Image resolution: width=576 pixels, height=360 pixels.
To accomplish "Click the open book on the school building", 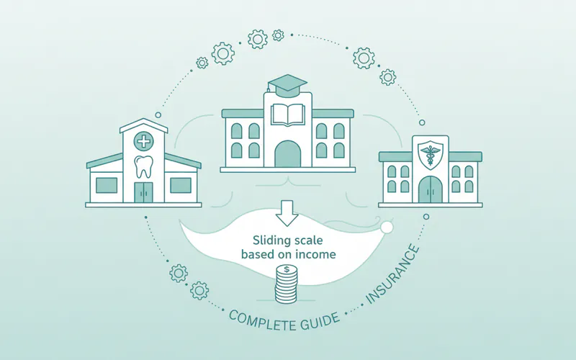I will pyautogui.click(x=287, y=115).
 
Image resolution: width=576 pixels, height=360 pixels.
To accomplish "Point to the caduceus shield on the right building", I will pyautogui.click(x=430, y=152).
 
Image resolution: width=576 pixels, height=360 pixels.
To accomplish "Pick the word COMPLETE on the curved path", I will pyautogui.click(x=262, y=319).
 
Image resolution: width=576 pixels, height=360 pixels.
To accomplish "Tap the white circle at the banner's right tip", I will pyautogui.click(x=387, y=228).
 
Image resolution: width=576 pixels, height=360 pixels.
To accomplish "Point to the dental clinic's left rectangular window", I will pyautogui.click(x=107, y=184).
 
